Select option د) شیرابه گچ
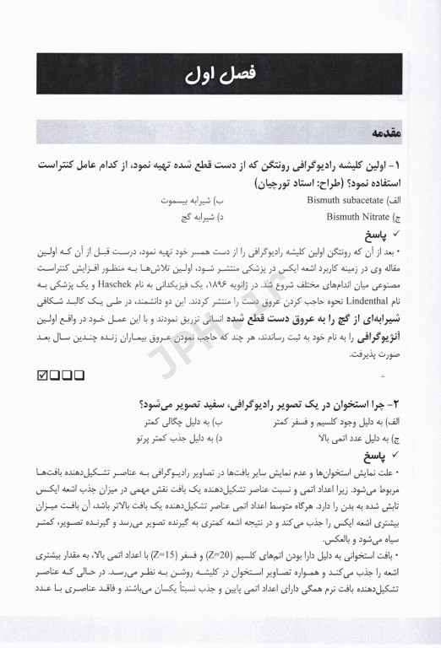click(x=198, y=217)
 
